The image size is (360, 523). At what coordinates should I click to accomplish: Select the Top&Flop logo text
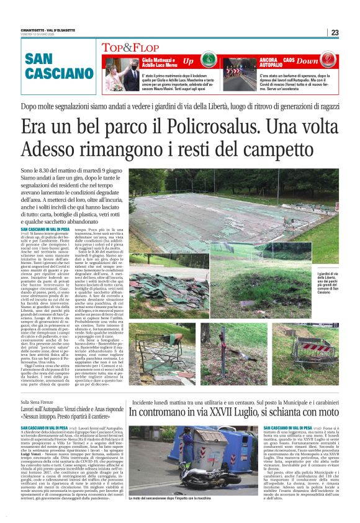click(x=122, y=48)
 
